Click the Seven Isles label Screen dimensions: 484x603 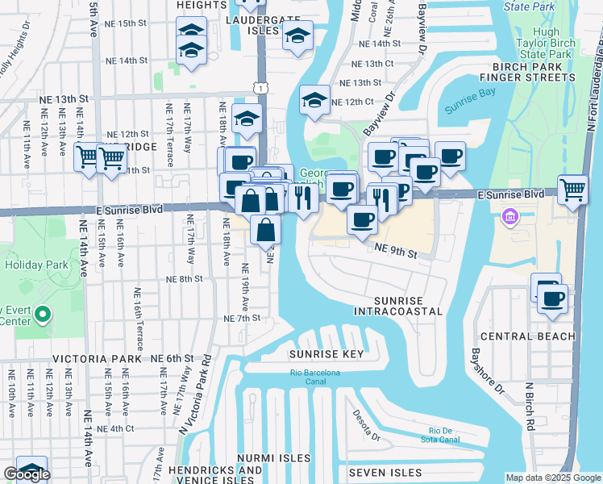tap(385, 472)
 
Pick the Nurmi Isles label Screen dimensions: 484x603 tap(273, 457)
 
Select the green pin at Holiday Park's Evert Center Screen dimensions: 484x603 tap(44, 315)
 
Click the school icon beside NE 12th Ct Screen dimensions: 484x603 tap(314, 100)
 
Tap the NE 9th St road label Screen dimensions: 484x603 tap(395, 254)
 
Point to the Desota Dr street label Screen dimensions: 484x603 tap(365, 426)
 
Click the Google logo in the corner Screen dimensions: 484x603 tap(27, 474)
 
